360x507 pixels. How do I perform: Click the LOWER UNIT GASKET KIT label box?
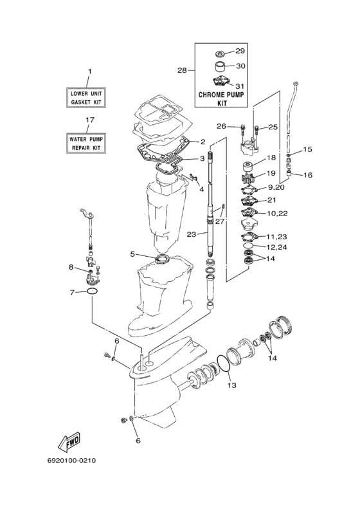tap(86, 98)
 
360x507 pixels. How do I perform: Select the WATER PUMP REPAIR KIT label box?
tap(86, 143)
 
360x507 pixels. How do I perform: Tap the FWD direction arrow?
tap(69, 441)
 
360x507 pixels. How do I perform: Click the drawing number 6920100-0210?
tap(71, 461)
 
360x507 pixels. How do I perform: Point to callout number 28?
tap(182, 70)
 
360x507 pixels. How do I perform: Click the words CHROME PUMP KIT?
tap(221, 99)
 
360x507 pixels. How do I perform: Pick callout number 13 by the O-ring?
tap(231, 385)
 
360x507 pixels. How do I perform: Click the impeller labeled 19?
tap(248, 178)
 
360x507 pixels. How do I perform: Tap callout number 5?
tap(132, 254)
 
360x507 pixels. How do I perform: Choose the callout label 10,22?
tap(278, 214)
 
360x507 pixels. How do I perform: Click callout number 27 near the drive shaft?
tap(220, 221)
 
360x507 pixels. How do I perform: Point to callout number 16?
tap(308, 175)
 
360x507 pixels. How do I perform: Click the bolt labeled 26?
tap(243, 130)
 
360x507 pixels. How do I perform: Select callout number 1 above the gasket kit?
tap(90, 71)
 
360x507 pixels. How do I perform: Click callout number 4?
tap(201, 189)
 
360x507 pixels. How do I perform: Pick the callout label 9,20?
tap(275, 187)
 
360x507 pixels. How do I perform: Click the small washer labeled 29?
tap(221, 53)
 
